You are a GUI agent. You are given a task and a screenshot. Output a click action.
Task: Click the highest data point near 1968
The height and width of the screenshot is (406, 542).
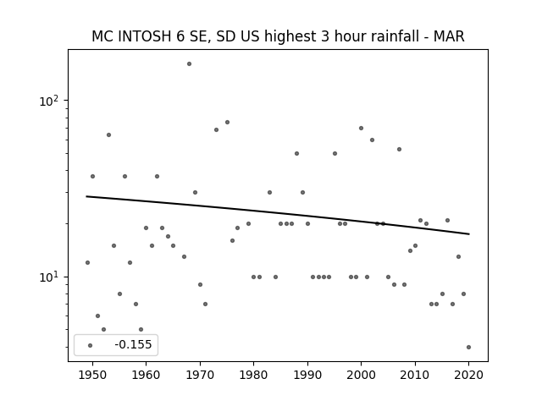189,64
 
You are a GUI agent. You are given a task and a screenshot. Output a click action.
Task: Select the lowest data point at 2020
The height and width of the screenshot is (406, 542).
468,348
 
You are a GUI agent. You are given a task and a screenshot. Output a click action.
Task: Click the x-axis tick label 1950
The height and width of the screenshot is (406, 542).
92,375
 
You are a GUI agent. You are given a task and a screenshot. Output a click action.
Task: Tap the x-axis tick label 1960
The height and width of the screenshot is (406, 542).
146,375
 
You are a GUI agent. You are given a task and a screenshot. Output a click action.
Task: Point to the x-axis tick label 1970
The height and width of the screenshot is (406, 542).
200,375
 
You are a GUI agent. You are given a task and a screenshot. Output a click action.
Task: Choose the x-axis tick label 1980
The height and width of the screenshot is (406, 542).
253,375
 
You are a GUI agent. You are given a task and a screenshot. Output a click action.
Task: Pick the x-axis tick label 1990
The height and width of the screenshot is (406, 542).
307,375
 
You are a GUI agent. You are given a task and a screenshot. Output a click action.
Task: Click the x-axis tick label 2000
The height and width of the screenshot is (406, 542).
361,375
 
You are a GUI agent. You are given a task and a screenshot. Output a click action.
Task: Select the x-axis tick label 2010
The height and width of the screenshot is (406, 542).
415,375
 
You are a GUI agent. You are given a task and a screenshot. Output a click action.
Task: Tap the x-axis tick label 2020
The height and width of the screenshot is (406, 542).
468,375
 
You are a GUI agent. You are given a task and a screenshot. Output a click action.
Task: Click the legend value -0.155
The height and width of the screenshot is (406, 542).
133,344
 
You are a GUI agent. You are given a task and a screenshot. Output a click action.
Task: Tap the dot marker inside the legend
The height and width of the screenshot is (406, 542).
90,346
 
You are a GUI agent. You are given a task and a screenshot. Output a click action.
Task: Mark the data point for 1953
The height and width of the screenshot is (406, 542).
108,135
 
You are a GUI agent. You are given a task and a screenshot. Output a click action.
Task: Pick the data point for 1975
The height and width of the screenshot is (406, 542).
227,122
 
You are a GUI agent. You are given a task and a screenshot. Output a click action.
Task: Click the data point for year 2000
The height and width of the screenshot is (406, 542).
361,128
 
